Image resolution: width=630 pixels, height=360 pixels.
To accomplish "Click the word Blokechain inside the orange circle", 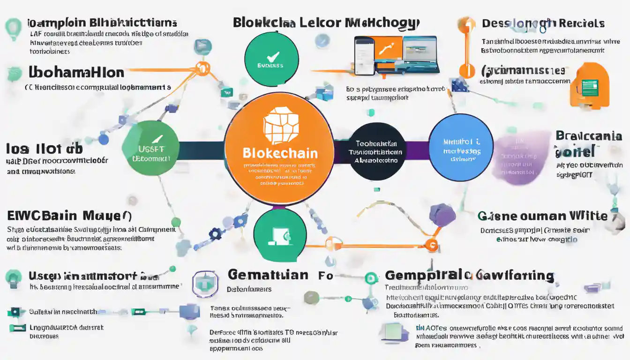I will coord(280,153).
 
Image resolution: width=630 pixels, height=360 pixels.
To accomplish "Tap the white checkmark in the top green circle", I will coord(272,57).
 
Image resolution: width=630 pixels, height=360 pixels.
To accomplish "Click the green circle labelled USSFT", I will coord(150,148).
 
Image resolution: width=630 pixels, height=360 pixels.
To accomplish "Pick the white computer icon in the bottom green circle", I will coord(279,237).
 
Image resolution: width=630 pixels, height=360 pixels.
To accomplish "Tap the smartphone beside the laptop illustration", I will coord(364,55).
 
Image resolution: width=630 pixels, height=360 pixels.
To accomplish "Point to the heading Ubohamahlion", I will coord(76,73).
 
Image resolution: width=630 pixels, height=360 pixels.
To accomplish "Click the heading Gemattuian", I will coord(268,275).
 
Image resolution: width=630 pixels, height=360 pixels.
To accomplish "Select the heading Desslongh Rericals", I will coord(543,23).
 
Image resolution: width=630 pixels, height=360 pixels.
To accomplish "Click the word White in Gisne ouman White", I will coord(588,216).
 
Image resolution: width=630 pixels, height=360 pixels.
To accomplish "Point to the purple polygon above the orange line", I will coord(442,215).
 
